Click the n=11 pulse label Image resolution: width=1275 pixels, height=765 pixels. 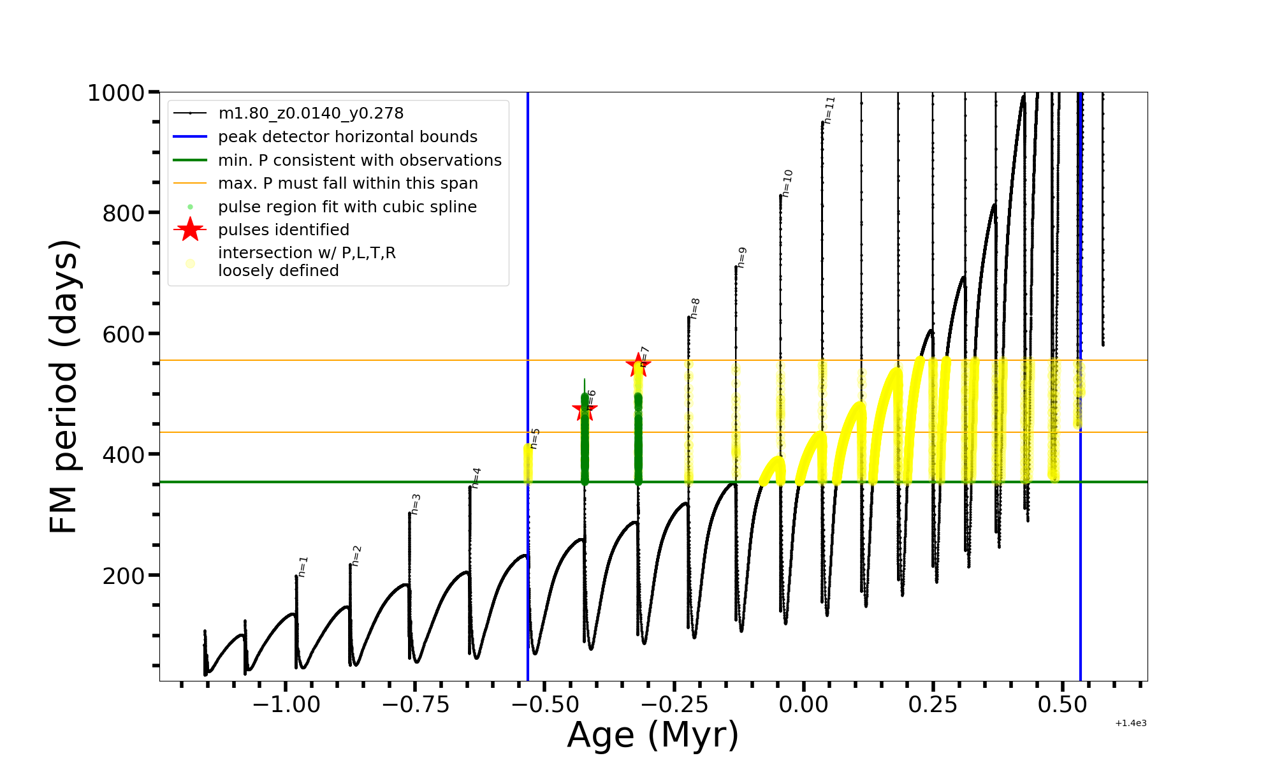coord(829,110)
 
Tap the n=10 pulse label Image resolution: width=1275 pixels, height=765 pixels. coord(787,183)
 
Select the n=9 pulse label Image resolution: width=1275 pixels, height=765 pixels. coord(741,257)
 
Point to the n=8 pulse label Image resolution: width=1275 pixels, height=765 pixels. coord(695,308)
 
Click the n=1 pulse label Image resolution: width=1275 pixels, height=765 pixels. coord(303,566)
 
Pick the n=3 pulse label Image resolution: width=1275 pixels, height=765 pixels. coord(416,504)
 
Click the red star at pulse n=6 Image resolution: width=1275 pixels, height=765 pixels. coord(585,410)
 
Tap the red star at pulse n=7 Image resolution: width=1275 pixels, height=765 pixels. coord(638,365)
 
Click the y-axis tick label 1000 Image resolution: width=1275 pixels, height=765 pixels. coord(116,93)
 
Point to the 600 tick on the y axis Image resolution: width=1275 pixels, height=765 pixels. coord(124,334)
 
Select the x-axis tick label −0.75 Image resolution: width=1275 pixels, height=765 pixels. coord(416,704)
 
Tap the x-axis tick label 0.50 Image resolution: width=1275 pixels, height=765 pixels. coord(1063,704)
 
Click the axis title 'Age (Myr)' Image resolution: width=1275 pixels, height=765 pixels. coord(653,735)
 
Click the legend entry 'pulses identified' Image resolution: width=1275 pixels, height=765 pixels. coord(284,229)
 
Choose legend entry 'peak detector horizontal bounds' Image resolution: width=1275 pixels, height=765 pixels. coord(347,136)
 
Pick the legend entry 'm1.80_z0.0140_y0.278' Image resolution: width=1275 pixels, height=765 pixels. coord(310,113)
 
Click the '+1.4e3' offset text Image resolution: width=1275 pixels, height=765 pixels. coord(1130,723)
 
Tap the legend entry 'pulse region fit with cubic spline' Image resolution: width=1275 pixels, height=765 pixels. coord(347,207)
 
